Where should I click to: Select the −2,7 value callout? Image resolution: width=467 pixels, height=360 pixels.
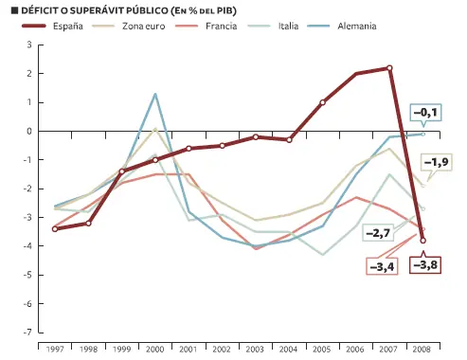[380, 233]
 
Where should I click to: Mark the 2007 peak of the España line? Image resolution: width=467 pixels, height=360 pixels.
[389, 68]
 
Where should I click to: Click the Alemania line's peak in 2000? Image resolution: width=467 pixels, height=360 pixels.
[155, 94]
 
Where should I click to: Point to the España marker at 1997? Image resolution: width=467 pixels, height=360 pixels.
[56, 229]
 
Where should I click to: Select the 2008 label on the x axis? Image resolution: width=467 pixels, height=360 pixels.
[422, 351]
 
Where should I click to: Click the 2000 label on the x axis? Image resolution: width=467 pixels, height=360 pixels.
[155, 351]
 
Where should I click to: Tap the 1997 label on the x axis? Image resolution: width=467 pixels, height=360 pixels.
[56, 351]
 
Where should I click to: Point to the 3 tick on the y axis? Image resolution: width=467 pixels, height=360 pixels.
[28, 45]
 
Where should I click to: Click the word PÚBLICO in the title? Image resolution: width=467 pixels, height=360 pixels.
[135, 9]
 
